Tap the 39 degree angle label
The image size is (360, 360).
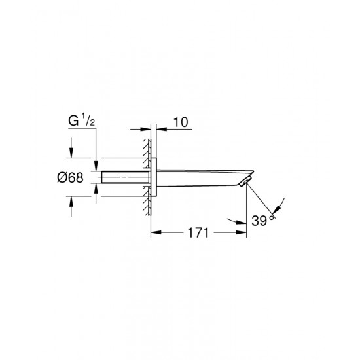[259, 221]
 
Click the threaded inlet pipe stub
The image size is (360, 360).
[120, 178]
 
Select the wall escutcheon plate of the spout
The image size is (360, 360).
[154, 178]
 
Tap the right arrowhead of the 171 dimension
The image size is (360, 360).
[243, 231]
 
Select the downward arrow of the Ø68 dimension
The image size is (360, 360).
[70, 154]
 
